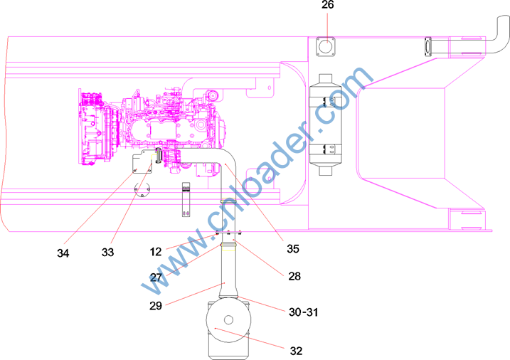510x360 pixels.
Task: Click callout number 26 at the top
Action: click(x=327, y=5)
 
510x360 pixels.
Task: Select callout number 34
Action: click(x=63, y=253)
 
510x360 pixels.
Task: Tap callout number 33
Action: click(x=107, y=253)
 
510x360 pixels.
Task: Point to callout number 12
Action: click(x=156, y=252)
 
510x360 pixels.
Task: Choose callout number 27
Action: click(x=156, y=277)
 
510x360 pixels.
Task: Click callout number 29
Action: click(x=156, y=306)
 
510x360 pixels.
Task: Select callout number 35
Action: click(x=293, y=249)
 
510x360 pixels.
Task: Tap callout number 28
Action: click(x=294, y=277)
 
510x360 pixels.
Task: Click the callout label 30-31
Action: click(x=304, y=312)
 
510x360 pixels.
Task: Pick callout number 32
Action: click(x=296, y=351)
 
